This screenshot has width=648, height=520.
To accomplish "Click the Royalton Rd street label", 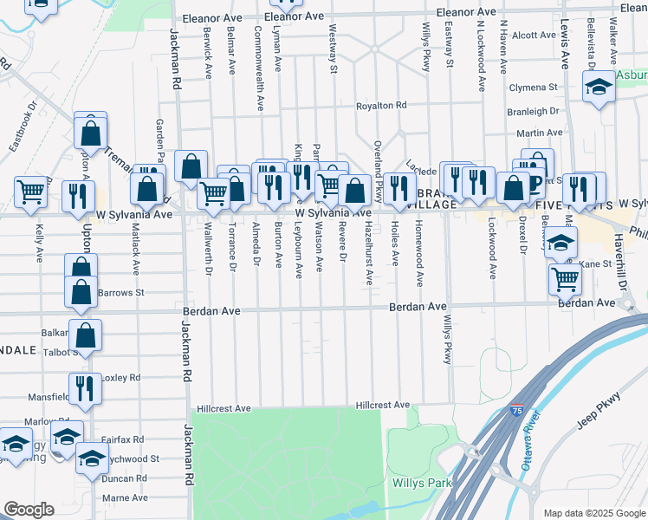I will click(381, 106).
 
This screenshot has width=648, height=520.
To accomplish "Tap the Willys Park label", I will click(418, 483).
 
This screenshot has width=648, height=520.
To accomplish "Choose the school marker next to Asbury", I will click(599, 88).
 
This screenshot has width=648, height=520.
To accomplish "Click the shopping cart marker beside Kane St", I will click(565, 279).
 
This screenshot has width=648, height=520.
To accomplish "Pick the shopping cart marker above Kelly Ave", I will click(31, 192).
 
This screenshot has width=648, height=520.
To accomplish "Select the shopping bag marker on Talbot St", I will click(86, 335).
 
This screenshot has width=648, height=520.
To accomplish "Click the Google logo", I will click(29, 510).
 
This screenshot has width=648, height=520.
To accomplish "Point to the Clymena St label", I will click(533, 88).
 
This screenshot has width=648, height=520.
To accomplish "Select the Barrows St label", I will click(121, 293).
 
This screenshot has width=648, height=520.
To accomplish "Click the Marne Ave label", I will click(126, 498).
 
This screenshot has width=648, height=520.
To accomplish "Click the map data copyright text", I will click(592, 513).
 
